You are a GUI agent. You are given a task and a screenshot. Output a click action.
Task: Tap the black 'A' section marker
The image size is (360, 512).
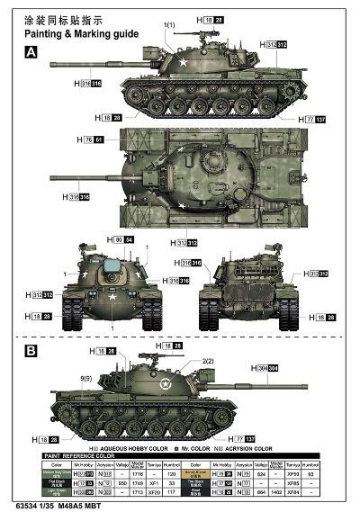click(x=32, y=52)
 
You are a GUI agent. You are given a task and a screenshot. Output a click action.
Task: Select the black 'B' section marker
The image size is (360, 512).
click(x=32, y=350)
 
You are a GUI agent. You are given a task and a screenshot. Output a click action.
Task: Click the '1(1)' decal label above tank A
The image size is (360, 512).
click(x=170, y=24)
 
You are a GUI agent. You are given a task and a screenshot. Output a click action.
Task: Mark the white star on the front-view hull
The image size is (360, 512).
click(x=112, y=296)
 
